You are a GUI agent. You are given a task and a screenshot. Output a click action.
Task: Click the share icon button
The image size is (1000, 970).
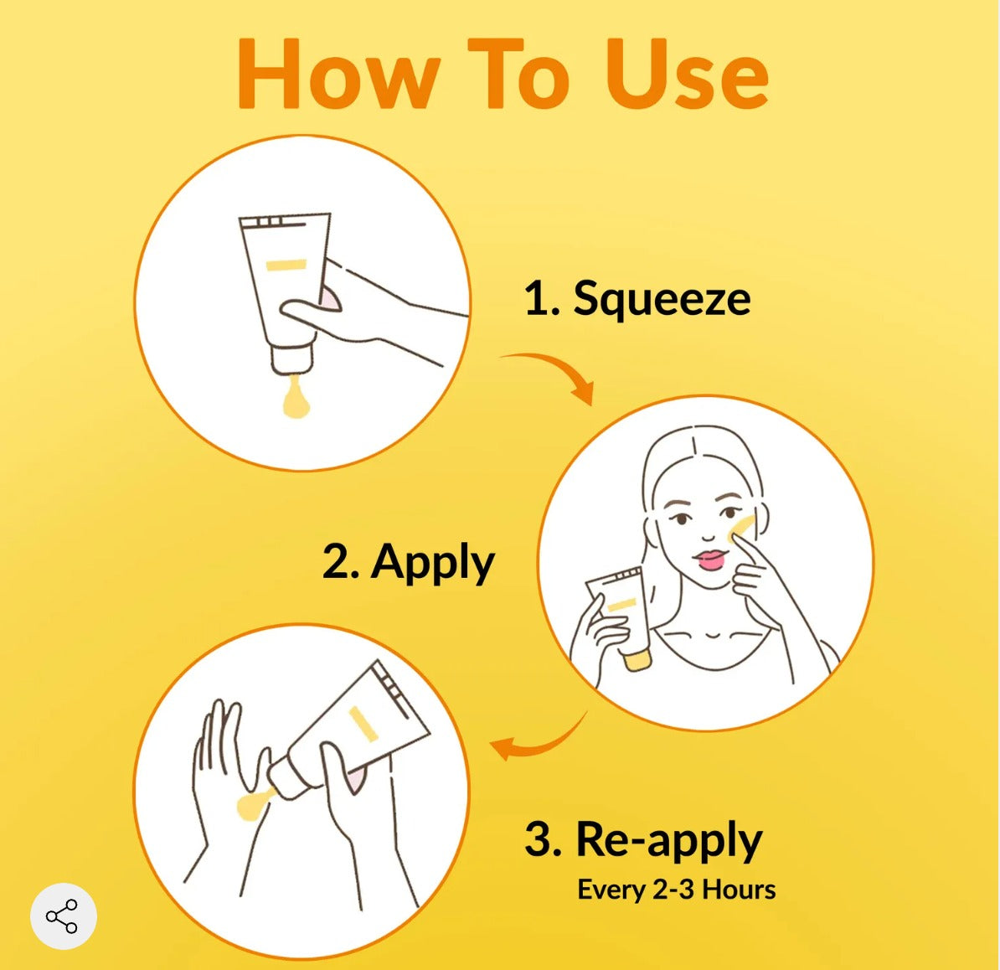[x=63, y=916]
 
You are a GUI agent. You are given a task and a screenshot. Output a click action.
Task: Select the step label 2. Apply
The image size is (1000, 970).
[x=408, y=563]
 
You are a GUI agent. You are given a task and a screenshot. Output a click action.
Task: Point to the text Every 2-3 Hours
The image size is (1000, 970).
[x=677, y=890]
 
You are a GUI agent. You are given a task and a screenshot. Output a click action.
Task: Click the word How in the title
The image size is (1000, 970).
[x=338, y=74]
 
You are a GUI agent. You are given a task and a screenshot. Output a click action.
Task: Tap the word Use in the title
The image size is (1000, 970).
[x=686, y=74]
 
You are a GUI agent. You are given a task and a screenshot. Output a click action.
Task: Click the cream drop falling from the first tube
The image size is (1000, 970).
[x=295, y=399]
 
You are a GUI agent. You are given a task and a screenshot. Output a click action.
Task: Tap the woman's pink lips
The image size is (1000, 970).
[x=711, y=560]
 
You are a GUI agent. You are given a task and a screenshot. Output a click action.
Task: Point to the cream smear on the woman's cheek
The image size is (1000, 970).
[x=743, y=525]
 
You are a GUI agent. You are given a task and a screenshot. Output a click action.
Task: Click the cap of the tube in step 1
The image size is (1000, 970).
[x=291, y=359]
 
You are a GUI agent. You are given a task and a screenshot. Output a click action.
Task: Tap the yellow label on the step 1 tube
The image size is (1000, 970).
[x=286, y=265]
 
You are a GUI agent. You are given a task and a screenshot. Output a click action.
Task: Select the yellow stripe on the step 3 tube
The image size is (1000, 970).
[x=363, y=725]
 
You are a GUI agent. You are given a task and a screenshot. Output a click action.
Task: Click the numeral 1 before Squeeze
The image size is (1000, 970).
[x=534, y=299]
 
